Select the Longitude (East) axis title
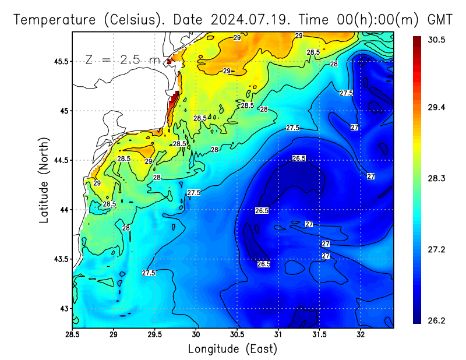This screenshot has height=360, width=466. click(232, 349)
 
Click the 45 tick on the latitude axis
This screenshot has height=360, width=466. click(63, 111)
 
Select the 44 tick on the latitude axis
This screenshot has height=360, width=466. click(63, 210)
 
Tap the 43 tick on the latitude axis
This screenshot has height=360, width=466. click(63, 308)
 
